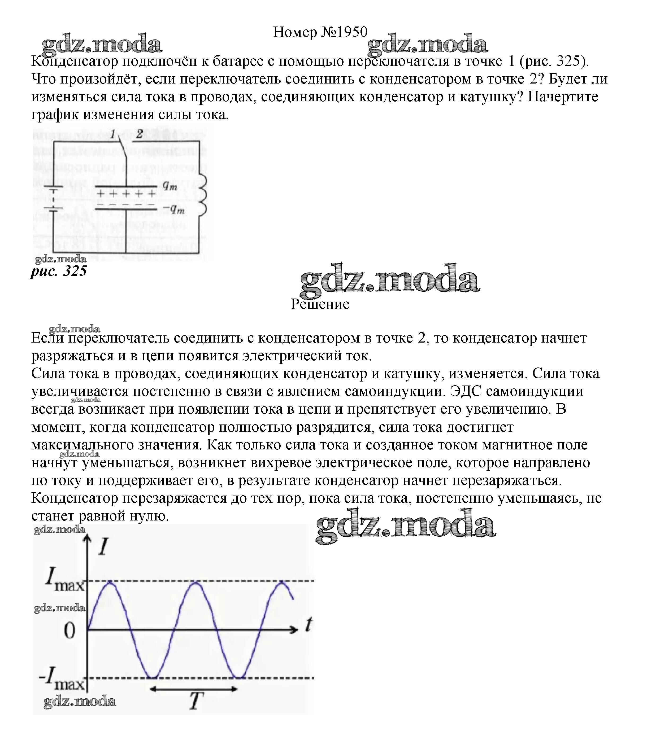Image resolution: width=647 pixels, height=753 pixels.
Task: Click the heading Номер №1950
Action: point(320,32)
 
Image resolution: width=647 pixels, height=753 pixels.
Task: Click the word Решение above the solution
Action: point(320,304)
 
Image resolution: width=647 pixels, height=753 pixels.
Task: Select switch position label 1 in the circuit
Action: point(113,134)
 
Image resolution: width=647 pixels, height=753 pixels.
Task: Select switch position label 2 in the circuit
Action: point(139,134)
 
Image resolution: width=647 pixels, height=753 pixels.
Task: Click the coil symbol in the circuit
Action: point(203,194)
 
